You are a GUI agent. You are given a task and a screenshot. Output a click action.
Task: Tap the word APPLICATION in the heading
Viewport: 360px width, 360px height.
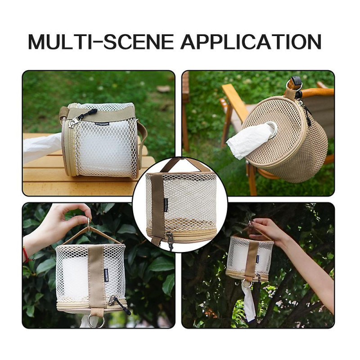[x=251, y=41]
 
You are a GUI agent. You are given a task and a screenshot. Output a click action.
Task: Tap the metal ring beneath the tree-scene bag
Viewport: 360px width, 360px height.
[x=247, y=283]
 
